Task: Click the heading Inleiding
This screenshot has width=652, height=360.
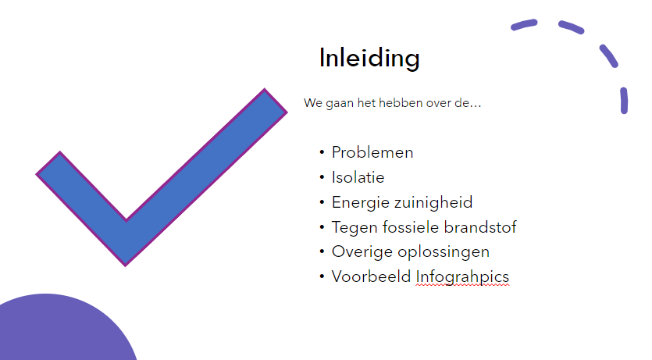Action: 369,59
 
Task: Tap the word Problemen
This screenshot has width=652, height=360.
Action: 372,152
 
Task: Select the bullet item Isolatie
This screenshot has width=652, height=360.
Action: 358,177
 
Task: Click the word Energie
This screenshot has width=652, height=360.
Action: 361,203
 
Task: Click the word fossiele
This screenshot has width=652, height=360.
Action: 411,227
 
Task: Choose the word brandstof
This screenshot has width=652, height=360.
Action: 480,227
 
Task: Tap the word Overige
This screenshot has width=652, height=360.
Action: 362,253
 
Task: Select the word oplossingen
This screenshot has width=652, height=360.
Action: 444,253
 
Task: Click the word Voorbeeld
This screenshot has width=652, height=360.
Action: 371,276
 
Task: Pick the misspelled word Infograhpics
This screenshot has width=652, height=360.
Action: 462,278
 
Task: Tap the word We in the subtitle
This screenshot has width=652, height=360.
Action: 313,103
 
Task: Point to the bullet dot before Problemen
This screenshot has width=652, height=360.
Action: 322,152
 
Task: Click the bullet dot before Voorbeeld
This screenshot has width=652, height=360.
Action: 322,276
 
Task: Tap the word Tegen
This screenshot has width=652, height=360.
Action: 355,228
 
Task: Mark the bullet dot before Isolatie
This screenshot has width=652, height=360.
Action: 322,177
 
